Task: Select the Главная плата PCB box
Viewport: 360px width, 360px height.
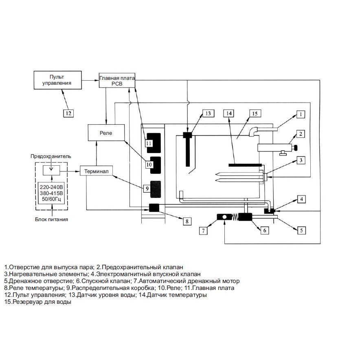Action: coord(116,80)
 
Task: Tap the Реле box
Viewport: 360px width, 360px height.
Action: coord(106,133)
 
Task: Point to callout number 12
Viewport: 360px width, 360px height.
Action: coord(68,113)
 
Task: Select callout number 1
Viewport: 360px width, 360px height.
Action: coord(300,114)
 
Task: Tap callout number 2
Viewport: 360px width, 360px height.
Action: coord(300,134)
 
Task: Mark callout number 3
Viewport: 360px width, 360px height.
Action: coord(300,160)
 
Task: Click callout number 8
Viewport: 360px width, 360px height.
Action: coord(187,221)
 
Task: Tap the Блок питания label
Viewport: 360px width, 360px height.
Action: coord(51,219)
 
